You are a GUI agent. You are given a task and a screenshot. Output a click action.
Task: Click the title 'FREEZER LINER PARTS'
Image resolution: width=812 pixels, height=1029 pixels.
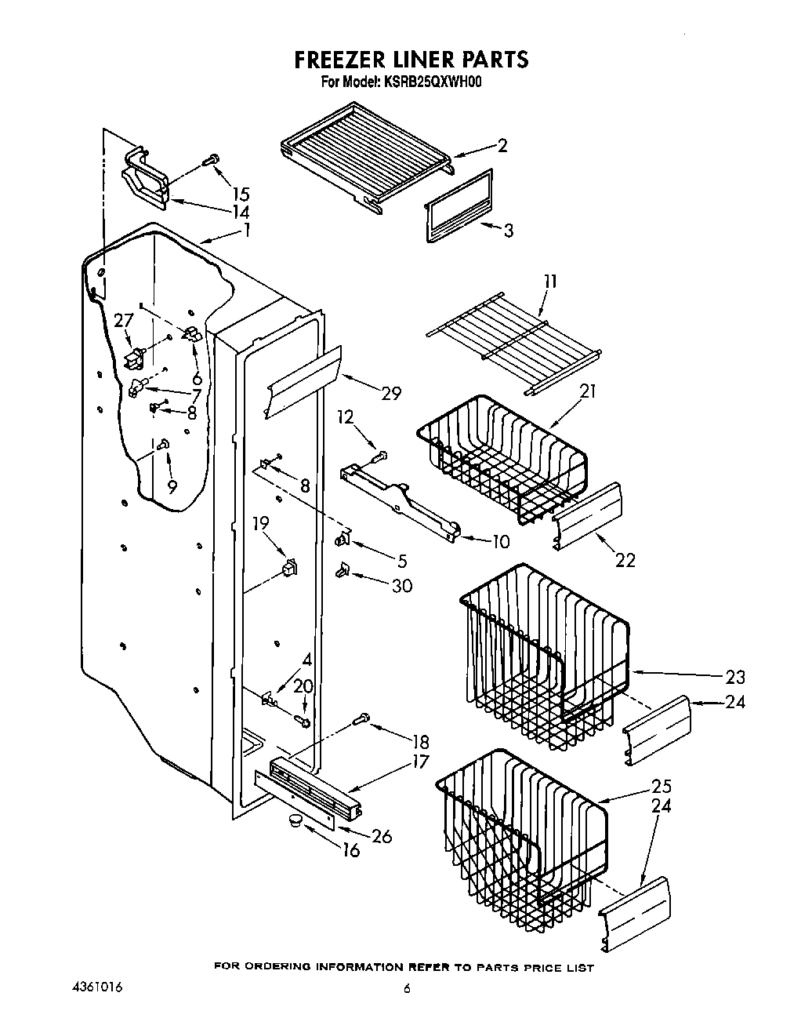411,59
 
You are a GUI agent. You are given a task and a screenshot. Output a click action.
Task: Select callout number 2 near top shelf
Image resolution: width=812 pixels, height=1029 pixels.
502,145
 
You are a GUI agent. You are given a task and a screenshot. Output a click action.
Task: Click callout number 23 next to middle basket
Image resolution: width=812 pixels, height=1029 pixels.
735,676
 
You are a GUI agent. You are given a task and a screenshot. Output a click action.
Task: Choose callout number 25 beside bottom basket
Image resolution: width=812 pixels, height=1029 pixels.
662,786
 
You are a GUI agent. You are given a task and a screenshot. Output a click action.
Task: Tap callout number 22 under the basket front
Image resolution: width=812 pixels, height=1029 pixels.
625,560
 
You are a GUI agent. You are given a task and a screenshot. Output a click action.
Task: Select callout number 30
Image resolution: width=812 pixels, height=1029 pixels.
401,585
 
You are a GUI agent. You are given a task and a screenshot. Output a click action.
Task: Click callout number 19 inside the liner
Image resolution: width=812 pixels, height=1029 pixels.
260,522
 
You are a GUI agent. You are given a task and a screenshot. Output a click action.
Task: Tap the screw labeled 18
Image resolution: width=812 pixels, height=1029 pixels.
363,716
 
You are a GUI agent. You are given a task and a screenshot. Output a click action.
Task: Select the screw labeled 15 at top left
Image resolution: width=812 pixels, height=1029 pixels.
209,160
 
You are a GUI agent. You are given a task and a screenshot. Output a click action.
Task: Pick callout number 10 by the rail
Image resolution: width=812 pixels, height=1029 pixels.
499,541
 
